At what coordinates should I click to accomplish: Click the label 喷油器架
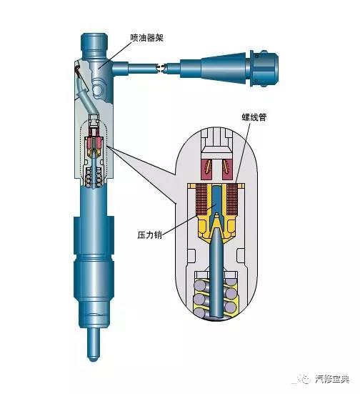click(146, 37)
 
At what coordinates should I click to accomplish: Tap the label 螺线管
click(254, 117)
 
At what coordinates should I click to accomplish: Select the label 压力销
click(149, 235)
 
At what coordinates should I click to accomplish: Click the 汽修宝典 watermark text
click(332, 379)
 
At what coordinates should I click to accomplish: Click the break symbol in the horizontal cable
click(161, 68)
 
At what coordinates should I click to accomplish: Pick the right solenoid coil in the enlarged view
click(232, 199)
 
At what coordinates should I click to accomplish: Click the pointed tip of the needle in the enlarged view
click(216, 215)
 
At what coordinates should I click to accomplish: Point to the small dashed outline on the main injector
click(94, 150)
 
